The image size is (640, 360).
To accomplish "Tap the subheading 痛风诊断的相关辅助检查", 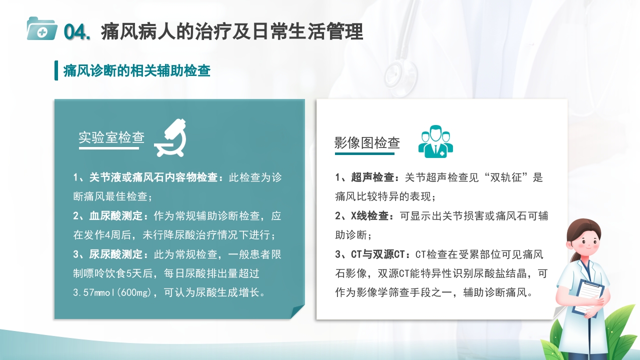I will coord(136,71).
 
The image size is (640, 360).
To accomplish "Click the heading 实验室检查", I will coord(111,137).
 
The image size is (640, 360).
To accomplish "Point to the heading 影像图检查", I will coord(367,143).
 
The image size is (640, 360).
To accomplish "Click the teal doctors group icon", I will coord(435,141).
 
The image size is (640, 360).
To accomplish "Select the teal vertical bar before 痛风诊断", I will coord(56,70).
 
